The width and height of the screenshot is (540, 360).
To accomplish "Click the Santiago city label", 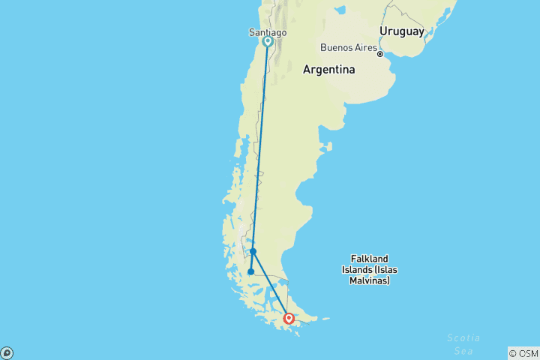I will tap(267, 32).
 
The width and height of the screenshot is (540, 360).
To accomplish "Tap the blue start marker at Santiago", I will tap(267, 42).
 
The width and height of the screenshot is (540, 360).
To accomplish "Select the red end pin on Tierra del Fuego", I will tap(289, 318).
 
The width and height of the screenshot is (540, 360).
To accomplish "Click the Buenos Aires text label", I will tap(347, 47).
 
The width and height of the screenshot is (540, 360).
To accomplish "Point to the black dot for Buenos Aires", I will tap(380, 54).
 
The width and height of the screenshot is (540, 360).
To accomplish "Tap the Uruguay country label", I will tap(401, 31).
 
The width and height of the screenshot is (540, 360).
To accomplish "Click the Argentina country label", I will tap(328, 70).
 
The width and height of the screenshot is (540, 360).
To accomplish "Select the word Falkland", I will tap(369, 259).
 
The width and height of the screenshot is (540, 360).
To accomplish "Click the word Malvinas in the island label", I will tap(369, 280).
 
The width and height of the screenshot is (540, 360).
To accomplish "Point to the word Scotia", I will tap(462, 337).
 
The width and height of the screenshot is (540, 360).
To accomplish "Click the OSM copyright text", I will tap(523, 353).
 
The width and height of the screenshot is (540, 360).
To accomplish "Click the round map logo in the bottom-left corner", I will tap(7, 352).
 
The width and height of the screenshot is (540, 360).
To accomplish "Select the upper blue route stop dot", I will tap(253, 251).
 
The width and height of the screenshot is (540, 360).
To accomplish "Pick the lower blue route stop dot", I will tap(251, 272).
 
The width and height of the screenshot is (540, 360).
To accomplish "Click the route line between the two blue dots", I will tap(253, 262).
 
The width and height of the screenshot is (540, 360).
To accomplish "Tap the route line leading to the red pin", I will tap(271, 284).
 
